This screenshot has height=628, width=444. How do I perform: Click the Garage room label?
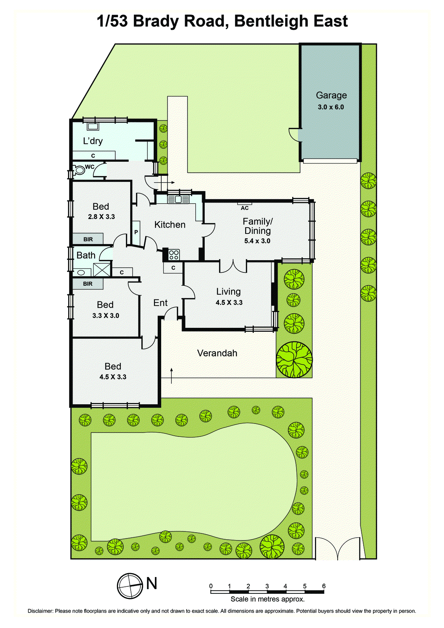pyautogui.click(x=331, y=95)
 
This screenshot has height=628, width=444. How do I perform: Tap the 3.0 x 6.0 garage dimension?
pyautogui.click(x=331, y=107)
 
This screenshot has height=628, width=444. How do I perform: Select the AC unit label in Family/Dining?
pyautogui.click(x=245, y=208)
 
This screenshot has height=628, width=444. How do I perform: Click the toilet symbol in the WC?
pyautogui.click(x=80, y=170)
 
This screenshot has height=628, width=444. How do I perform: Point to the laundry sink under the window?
pyautogui.click(x=93, y=126)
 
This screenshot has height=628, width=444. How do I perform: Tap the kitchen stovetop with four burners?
pyautogui.click(x=174, y=255)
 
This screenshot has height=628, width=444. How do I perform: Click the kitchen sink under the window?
pyautogui.click(x=178, y=199)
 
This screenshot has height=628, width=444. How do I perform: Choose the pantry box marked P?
pyautogui.click(x=136, y=232)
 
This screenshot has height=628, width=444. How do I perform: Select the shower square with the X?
pyautogui.click(x=102, y=270)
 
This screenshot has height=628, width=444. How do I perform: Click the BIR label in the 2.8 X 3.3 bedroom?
pyautogui.click(x=88, y=239)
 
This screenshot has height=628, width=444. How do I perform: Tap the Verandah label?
pyautogui.click(x=217, y=353)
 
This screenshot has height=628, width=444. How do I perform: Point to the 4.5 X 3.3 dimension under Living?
pyautogui.click(x=229, y=303)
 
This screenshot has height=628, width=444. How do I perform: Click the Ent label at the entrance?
pyautogui.click(x=160, y=303)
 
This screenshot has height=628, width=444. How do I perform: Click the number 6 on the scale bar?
pyautogui.click(x=324, y=586)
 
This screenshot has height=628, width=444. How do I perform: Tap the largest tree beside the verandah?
pyautogui.click(x=294, y=359)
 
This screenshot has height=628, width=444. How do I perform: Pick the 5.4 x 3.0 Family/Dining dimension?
pyautogui.click(x=257, y=241)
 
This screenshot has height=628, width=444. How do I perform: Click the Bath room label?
pyautogui.click(x=86, y=256)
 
